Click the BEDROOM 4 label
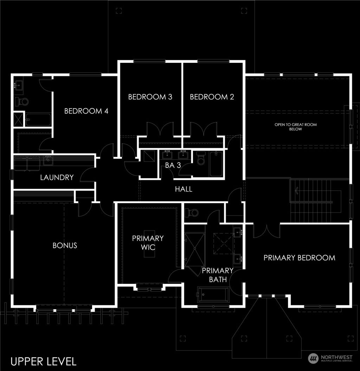[x=86, y=111]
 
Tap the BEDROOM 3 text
[x=150, y=97]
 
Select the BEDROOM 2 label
[x=212, y=97]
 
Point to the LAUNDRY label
[x=57, y=177]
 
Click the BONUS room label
[x=65, y=245]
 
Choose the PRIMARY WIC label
[x=148, y=243]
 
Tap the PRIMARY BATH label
[x=217, y=275]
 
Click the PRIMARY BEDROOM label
[x=299, y=258]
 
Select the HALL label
[x=184, y=189]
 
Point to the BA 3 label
[x=173, y=165]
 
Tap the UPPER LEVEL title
[x=44, y=361]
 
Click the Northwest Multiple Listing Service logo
[x=330, y=358]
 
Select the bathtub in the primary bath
[x=213, y=294]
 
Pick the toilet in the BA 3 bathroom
[x=201, y=159]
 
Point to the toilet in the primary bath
[x=193, y=213]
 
